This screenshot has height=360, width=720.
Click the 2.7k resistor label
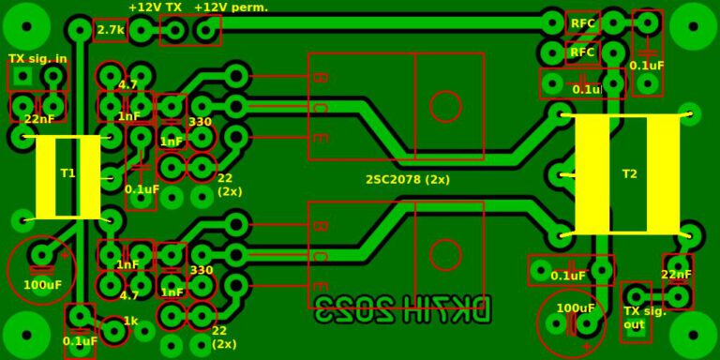point(111,30)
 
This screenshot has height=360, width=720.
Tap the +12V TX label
point(155,7)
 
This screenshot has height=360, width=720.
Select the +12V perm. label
point(231,7)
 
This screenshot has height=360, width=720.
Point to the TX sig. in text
point(37,58)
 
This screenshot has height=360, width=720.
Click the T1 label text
point(67,173)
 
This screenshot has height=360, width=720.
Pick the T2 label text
point(629,173)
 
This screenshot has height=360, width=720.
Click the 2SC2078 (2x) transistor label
point(408,179)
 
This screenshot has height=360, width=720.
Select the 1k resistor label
point(131,321)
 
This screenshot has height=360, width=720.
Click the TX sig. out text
point(644,318)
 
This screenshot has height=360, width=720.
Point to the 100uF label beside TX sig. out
point(575,307)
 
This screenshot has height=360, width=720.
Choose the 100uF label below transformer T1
point(42,284)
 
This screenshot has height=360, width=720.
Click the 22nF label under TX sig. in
point(38,119)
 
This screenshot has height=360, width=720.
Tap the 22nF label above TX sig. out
point(676,275)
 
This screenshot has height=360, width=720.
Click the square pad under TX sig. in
point(22,76)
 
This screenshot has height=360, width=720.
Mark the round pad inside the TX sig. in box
point(53,76)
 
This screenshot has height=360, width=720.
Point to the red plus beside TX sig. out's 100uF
point(588,346)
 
